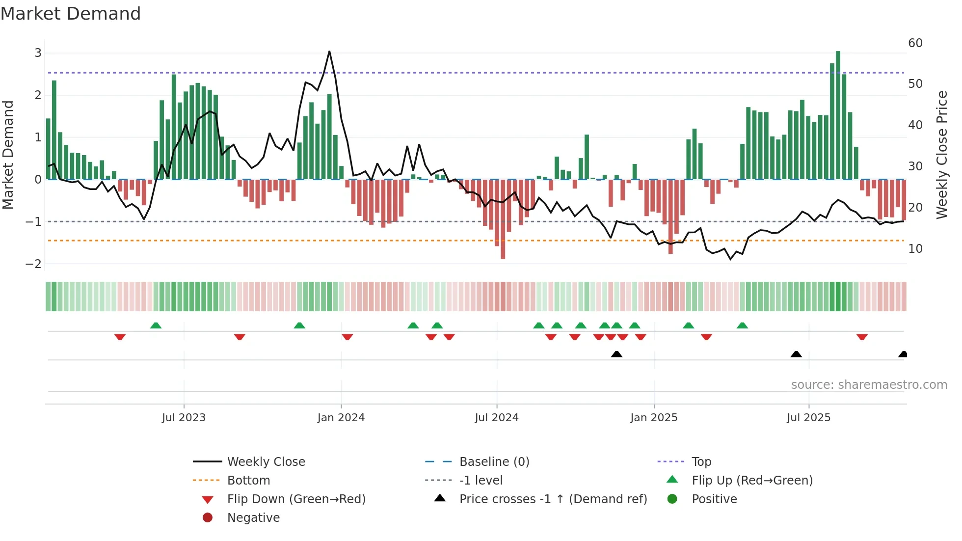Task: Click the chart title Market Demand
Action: point(71,14)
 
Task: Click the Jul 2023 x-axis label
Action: point(184,418)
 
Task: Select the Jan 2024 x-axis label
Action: point(341,418)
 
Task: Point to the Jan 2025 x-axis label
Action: point(654,418)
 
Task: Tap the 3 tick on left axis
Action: point(38,53)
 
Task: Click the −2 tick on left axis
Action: point(34,264)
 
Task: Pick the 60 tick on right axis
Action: point(915,43)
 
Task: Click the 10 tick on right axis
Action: point(915,249)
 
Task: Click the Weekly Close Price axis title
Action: point(941,155)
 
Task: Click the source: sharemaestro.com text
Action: point(869,385)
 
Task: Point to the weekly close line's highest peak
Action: point(329,51)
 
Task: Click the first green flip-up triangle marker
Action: point(156,325)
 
